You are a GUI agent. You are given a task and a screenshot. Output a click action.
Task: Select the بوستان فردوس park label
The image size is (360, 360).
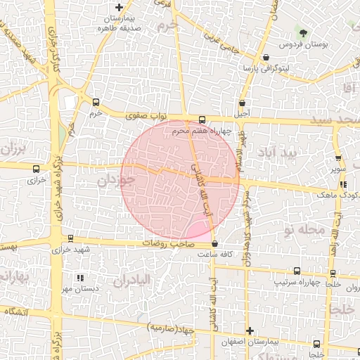point(324,44)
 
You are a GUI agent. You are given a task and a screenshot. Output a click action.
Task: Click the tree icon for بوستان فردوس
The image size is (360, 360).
point(304,32)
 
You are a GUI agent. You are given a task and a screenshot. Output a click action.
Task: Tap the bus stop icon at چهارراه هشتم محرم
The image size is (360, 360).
point(202,120)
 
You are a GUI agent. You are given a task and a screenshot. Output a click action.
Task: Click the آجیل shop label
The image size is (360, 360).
point(242,113)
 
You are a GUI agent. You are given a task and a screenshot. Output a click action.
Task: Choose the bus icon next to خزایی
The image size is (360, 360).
point(36,169)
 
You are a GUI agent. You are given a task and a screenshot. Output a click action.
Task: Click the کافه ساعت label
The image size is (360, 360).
point(214,254)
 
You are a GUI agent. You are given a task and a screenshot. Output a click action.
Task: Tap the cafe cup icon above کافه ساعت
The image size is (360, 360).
point(214,244)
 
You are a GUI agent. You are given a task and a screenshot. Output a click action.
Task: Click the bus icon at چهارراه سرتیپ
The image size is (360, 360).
point(297,271)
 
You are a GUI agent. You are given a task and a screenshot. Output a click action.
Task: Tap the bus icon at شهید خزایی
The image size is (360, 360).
point(69,239)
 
